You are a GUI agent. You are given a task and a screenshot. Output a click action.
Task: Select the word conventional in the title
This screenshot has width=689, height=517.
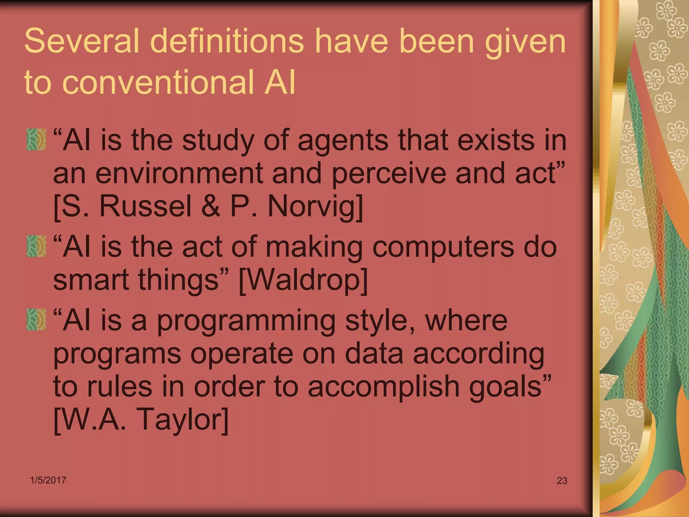tap(158, 82)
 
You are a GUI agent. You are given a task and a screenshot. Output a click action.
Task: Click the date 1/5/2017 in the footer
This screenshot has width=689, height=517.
tap(48, 480)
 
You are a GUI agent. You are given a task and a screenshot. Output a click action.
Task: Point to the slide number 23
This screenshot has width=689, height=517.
tap(562, 481)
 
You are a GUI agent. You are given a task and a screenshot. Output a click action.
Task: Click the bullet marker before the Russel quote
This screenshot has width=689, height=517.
tap(36, 139)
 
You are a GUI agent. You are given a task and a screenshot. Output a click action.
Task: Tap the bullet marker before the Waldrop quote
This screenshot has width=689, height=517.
tap(36, 246)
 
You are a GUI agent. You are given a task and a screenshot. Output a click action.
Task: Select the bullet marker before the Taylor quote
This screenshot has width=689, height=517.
tap(36, 320)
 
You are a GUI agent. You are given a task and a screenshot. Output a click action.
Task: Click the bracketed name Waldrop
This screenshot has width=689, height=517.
tap(303, 280)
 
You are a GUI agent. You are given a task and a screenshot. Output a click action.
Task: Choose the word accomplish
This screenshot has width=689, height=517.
tap(383, 386)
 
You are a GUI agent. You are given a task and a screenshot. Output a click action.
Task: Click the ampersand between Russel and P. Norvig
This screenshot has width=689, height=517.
tap(211, 206)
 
